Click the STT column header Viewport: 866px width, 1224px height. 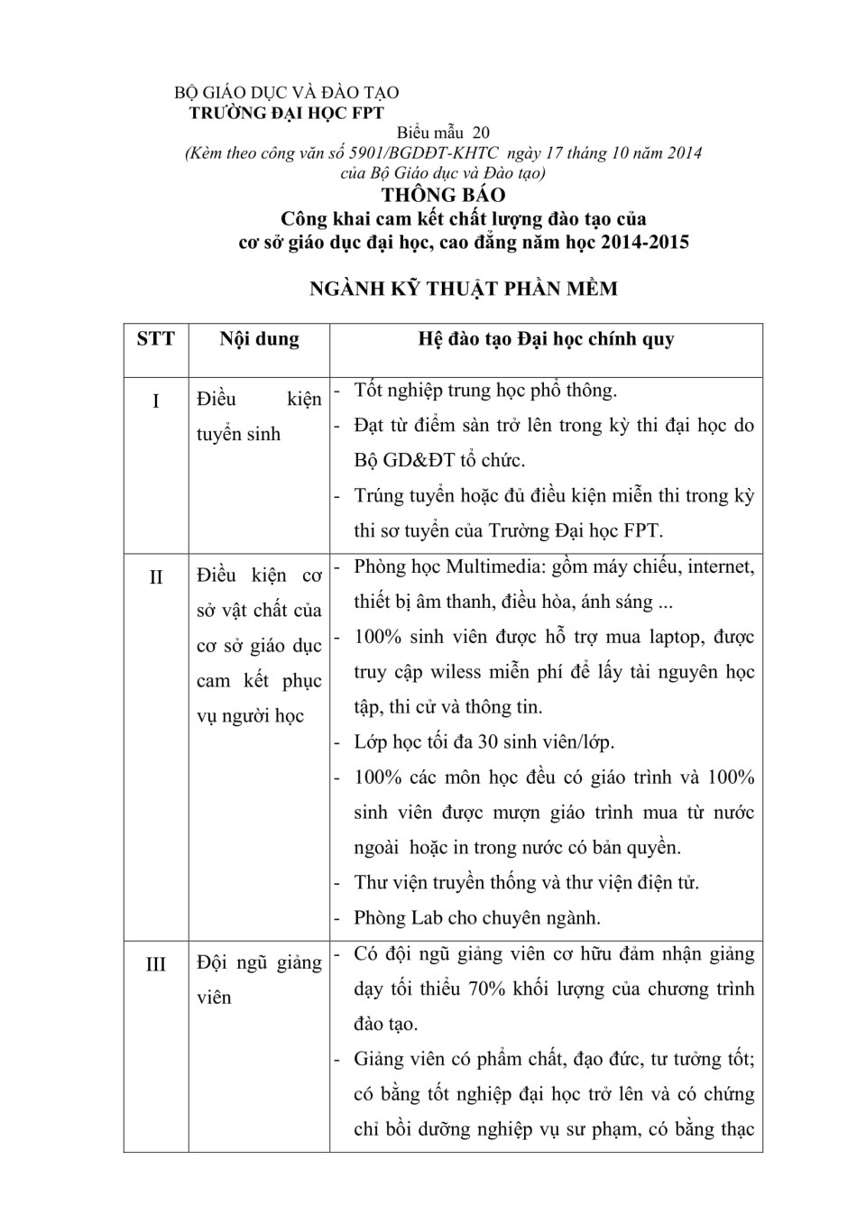click(156, 340)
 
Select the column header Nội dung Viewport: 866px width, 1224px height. click(259, 339)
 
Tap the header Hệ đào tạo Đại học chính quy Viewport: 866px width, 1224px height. click(546, 339)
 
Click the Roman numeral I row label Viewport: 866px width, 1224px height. click(156, 400)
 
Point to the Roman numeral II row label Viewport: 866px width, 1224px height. click(156, 576)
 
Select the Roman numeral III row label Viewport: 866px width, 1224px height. click(156, 964)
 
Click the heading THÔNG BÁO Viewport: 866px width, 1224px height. click(443, 195)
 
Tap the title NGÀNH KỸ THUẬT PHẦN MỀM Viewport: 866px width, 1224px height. click(463, 289)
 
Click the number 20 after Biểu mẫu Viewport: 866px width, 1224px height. click(480, 133)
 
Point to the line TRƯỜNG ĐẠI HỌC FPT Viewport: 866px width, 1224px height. click(286, 113)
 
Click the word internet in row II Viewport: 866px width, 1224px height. click(720, 566)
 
